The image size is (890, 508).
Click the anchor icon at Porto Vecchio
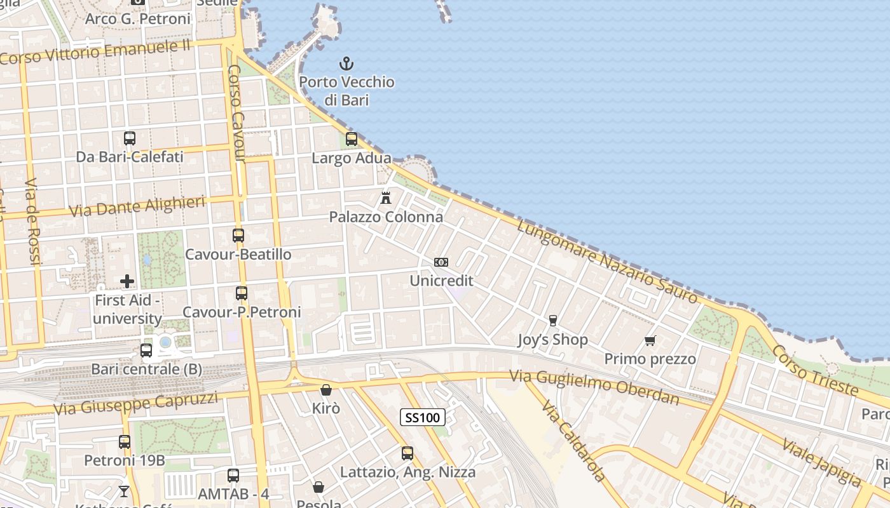click(346, 63)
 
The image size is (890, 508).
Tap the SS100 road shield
click(422, 417)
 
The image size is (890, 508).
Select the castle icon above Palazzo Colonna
click(385, 198)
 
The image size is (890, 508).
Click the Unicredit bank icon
click(441, 262)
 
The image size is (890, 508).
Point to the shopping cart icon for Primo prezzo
click(650, 341)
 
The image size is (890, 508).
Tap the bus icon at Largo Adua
click(351, 139)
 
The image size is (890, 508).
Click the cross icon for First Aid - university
click(127, 281)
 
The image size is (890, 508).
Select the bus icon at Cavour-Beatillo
click(238, 236)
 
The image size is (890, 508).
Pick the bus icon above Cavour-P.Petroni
click(242, 293)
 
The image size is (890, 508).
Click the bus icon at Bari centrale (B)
click(146, 351)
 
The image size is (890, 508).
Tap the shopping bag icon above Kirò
click(326, 390)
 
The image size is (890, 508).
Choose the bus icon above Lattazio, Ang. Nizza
click(407, 453)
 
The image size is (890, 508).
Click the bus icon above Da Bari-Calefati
click(130, 138)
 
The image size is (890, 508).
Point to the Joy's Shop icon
click(552, 321)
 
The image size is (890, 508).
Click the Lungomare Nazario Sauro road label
click(606, 261)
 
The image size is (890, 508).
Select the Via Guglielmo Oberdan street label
click(594, 387)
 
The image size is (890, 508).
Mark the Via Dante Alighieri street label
click(137, 206)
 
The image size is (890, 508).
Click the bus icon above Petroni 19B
click(125, 441)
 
